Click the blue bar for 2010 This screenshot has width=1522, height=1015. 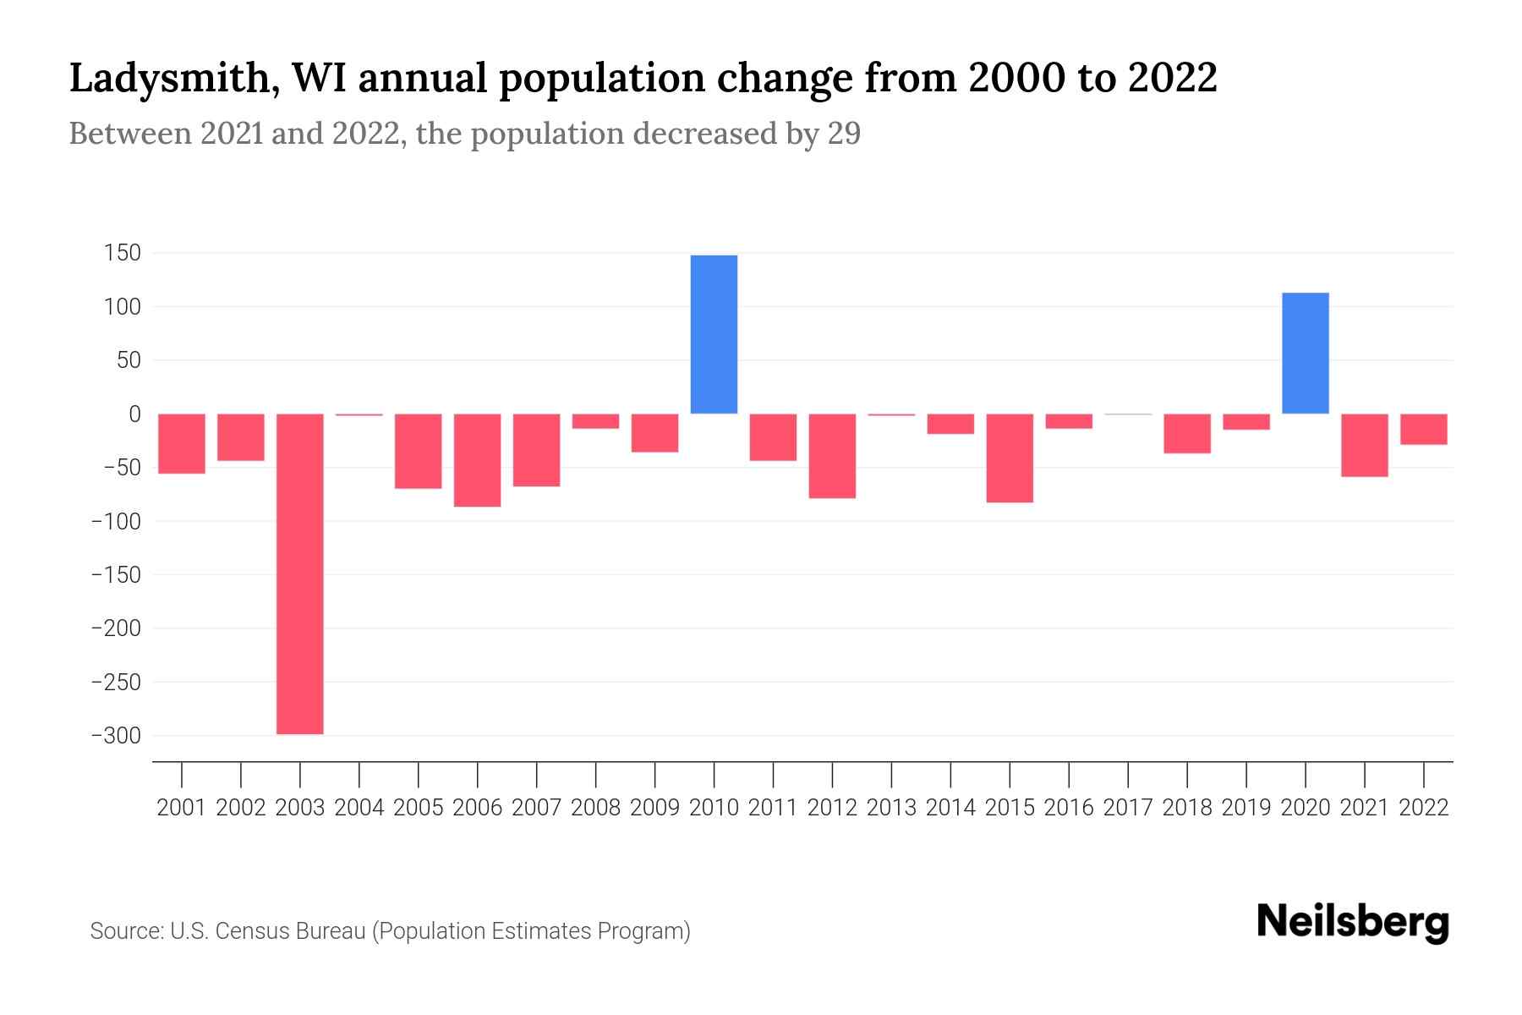pos(714,334)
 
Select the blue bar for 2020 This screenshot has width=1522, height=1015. pos(1305,353)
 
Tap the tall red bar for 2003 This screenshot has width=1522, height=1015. pos(300,573)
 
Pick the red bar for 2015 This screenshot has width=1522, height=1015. pos(1010,458)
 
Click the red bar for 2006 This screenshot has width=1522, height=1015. pos(478,460)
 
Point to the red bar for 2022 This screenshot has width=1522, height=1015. pos(1423,429)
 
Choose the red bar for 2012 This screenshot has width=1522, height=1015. pos(832,456)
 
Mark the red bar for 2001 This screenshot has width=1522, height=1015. pos(182,443)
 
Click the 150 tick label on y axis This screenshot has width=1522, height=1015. pos(123,253)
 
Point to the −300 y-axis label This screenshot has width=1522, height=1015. pos(116,736)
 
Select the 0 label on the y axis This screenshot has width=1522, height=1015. pos(134,414)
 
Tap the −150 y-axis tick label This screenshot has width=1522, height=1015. pos(116,575)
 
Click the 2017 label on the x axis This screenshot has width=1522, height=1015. pos(1128,808)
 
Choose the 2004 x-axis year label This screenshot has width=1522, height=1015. pos(359,808)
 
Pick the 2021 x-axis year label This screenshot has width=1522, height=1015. pos(1364,808)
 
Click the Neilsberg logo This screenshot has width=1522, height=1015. pos(1353,922)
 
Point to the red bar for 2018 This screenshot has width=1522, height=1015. pos(1186,433)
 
